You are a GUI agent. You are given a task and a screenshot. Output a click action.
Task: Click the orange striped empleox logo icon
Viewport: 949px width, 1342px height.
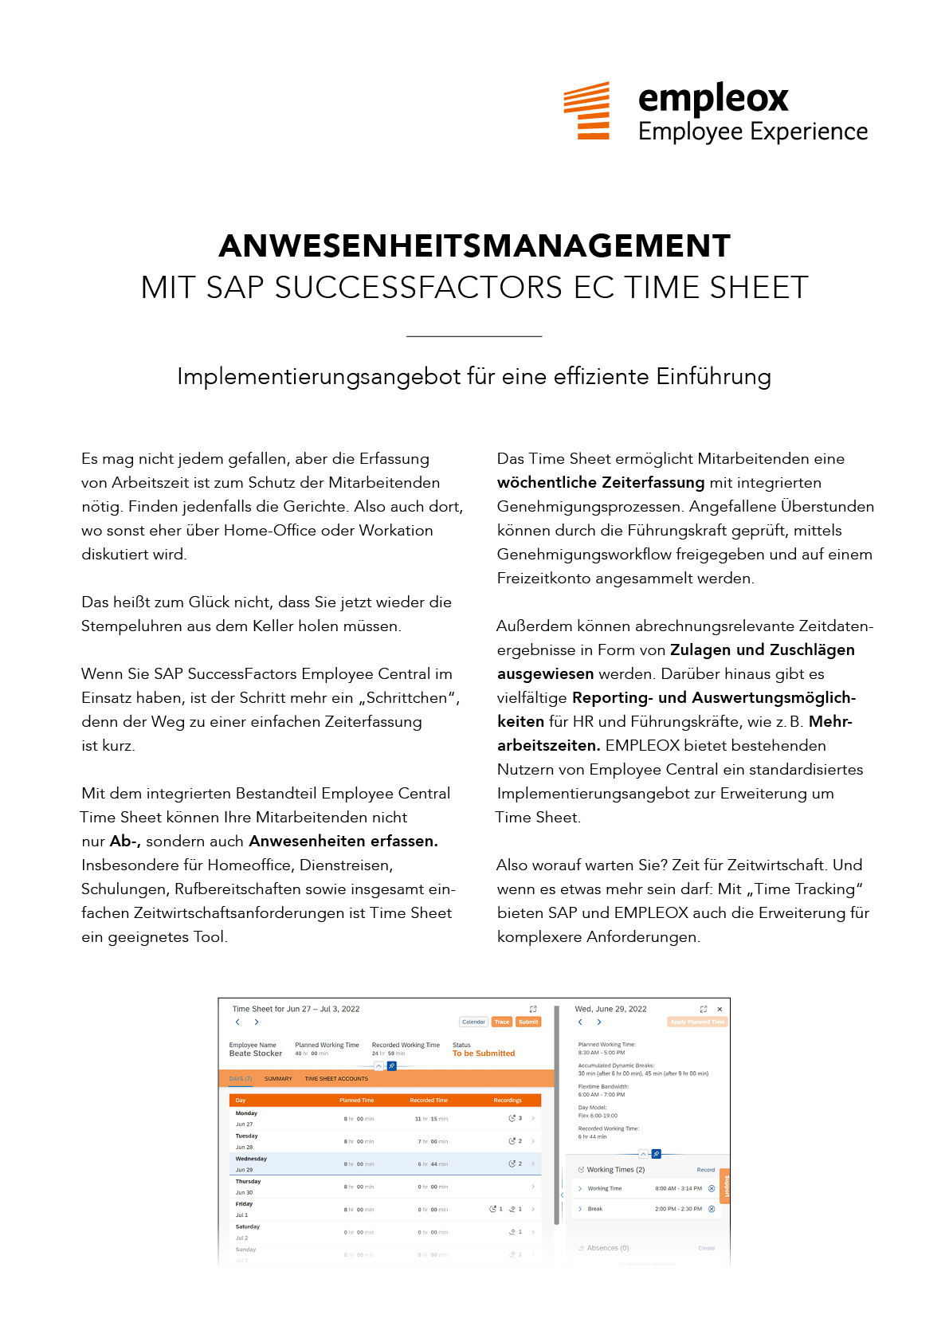586,110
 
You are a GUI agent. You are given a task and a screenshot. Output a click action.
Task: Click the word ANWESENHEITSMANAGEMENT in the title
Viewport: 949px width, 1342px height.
474,245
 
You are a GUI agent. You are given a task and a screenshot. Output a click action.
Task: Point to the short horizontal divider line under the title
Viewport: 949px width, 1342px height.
474,336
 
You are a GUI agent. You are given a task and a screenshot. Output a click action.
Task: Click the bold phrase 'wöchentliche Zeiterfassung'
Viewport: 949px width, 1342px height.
600,483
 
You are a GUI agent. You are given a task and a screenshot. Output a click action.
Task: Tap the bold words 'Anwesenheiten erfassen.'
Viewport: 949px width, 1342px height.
343,842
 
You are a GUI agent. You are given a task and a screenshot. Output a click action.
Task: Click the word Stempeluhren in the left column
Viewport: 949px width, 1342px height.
131,626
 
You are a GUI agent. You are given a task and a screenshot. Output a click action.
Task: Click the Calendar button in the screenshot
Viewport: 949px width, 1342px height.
473,1022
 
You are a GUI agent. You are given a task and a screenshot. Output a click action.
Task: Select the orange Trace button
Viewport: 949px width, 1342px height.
501,1022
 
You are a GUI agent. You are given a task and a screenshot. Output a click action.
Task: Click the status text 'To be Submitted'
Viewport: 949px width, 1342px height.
483,1054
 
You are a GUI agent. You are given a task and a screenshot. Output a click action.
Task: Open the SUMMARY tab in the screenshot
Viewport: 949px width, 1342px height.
278,1079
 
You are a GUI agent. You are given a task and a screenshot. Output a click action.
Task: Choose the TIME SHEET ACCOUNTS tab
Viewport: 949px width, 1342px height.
336,1079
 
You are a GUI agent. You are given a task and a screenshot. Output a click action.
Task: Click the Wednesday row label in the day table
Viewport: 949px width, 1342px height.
251,1159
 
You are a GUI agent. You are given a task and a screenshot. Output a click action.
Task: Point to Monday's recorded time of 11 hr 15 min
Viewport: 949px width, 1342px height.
431,1119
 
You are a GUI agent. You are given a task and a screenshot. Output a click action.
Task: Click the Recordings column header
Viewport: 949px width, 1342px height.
508,1101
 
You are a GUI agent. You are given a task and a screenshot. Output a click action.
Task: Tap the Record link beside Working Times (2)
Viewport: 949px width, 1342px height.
705,1170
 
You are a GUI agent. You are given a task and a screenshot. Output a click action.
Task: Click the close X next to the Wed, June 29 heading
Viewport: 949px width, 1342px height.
720,1009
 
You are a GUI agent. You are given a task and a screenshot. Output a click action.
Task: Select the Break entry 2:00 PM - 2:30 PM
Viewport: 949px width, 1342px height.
678,1209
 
